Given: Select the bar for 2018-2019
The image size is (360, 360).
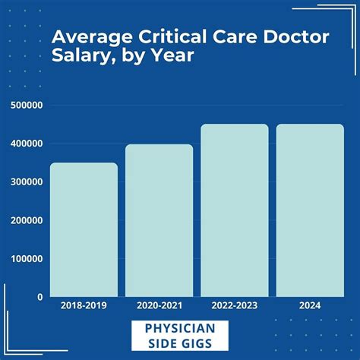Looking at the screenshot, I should coord(84,229).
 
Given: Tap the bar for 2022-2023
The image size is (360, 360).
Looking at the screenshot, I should coord(234,210).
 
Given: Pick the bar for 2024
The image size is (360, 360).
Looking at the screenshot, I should coord(309,210).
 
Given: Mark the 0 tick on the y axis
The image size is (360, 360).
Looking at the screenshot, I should coord(38,297).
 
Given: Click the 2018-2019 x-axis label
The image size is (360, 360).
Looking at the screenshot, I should coord(84,306).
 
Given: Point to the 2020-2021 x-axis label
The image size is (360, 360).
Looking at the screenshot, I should coord(159,306).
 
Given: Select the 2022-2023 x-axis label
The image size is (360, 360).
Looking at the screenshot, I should coord(234,306).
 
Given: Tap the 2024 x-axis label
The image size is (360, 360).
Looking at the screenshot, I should coord(309,306).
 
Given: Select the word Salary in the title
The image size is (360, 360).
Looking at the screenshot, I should coord(77,58).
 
